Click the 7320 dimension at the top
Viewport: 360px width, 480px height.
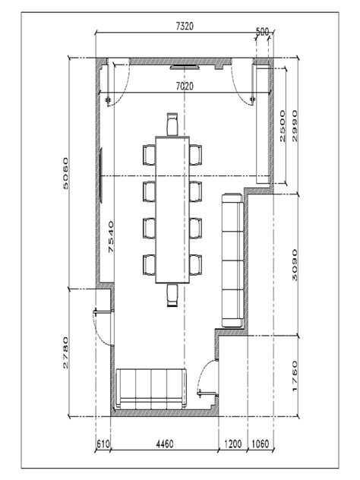[184, 26]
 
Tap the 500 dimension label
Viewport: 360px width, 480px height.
[263, 32]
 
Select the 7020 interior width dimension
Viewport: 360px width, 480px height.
[184, 87]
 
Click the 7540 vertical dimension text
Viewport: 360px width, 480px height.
[111, 237]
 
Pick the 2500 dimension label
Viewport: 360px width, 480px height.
[283, 125]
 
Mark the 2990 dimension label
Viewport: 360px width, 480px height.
[296, 125]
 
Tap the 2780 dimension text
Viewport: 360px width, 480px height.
[66, 352]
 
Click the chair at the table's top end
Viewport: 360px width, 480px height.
[172, 124]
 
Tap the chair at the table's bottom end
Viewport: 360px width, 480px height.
[172, 295]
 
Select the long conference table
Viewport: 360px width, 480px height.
[172, 209]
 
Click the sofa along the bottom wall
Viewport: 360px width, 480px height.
[152, 389]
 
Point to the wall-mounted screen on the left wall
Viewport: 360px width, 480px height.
[99, 175]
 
